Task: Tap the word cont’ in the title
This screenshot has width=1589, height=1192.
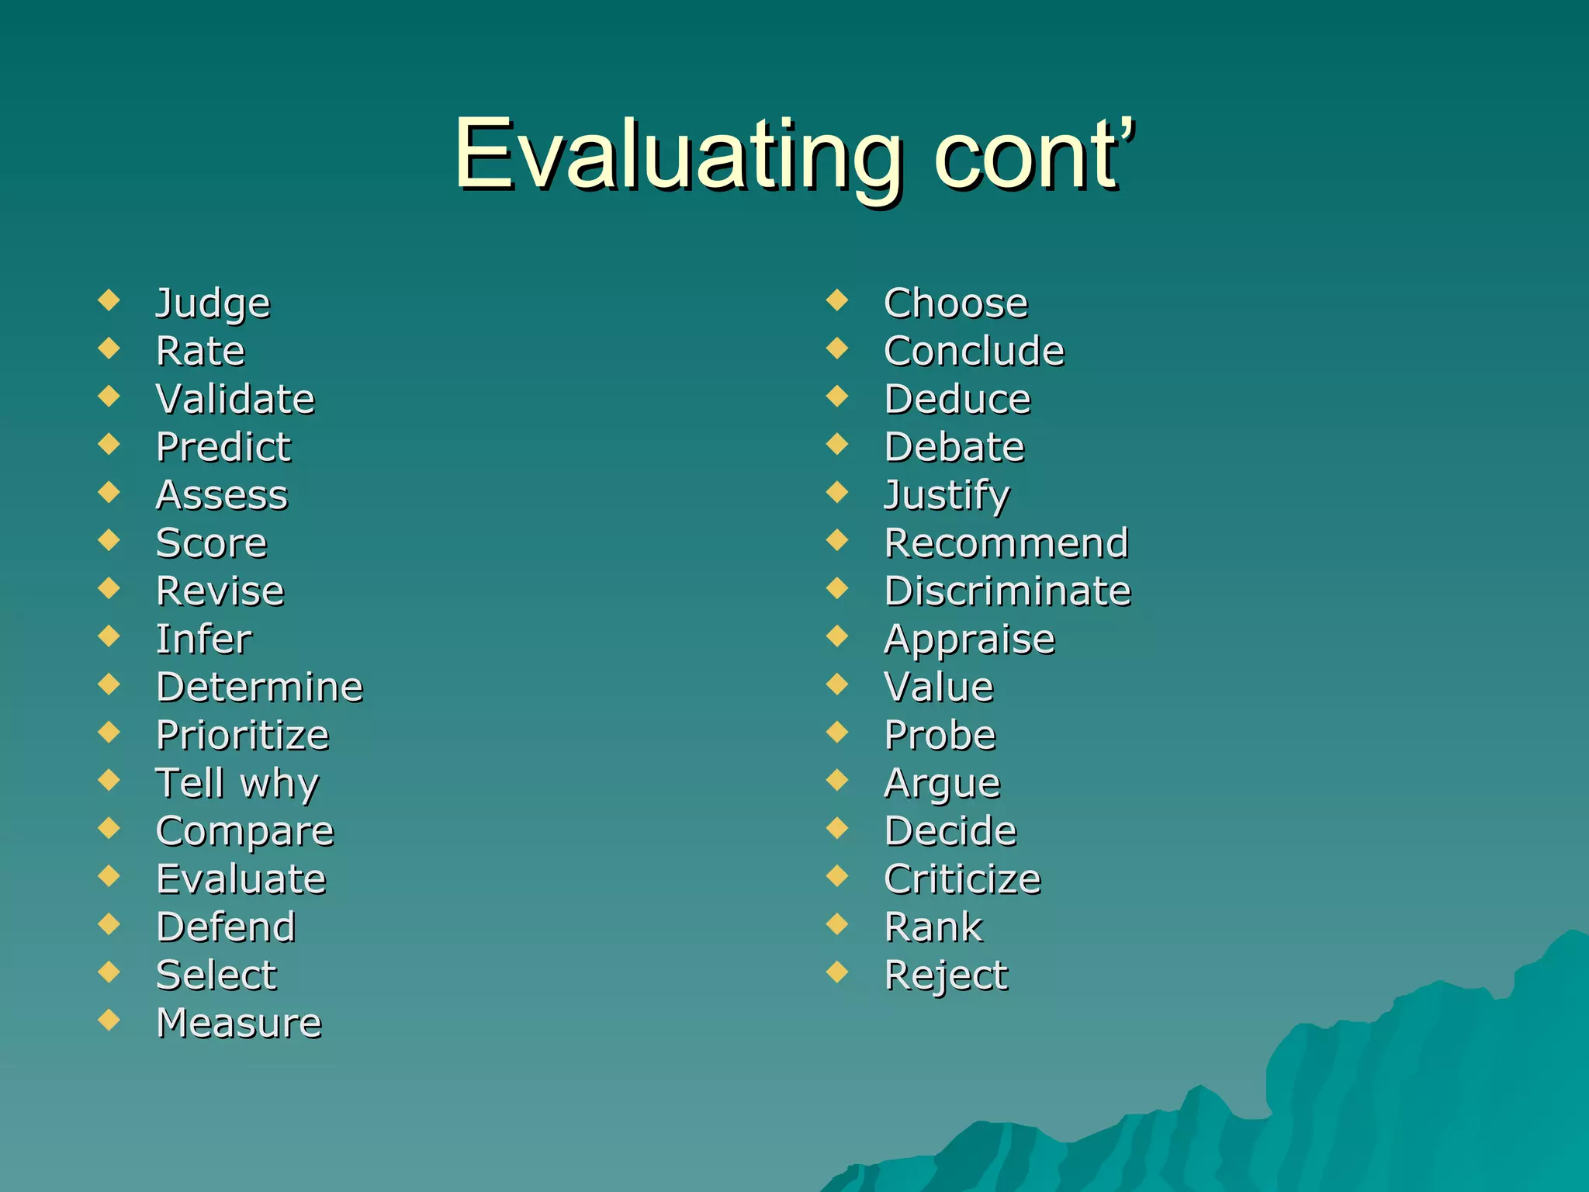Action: click(1035, 155)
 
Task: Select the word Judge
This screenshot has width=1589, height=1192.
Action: click(213, 303)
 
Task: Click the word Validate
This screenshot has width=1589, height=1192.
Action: click(235, 399)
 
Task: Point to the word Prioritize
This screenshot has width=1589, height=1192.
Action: click(242, 735)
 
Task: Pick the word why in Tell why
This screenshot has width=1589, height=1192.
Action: click(279, 784)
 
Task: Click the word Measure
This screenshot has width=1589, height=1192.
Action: click(239, 1023)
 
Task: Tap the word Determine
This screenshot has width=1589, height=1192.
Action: click(259, 687)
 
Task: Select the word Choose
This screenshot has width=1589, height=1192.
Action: click(956, 303)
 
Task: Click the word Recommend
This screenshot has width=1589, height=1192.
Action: click(1006, 543)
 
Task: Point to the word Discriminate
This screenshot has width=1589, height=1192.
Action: click(1008, 591)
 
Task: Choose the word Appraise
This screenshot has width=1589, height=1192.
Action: click(970, 640)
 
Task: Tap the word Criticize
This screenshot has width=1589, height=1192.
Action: click(962, 879)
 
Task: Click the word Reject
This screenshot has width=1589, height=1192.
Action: click(946, 976)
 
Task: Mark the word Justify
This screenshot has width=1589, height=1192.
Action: click(947, 496)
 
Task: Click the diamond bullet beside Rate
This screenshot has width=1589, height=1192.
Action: click(109, 348)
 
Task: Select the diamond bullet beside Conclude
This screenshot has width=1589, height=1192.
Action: click(837, 348)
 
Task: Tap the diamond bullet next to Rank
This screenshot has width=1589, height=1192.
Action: click(837, 923)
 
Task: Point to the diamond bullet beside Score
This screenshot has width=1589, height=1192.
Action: click(109, 539)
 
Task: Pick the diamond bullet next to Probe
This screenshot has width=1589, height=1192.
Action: click(837, 732)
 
